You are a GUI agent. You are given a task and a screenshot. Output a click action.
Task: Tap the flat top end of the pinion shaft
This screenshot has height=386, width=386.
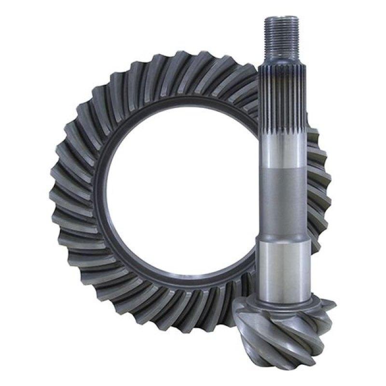[x=278, y=18]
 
